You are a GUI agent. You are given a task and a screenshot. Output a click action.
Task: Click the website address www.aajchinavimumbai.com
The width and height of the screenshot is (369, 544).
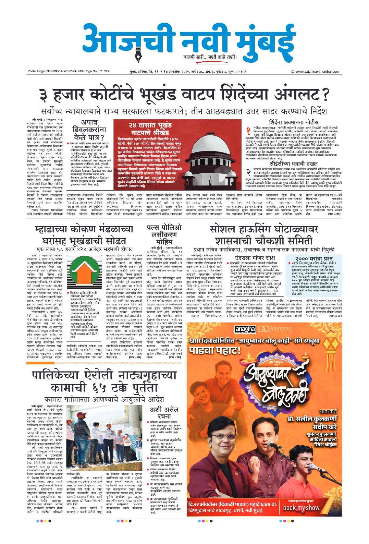click(317, 71)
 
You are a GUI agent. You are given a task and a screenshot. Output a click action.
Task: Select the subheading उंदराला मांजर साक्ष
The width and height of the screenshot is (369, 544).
click(250, 257)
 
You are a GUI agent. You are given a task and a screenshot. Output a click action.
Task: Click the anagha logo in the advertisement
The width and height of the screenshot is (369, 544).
click(245, 330)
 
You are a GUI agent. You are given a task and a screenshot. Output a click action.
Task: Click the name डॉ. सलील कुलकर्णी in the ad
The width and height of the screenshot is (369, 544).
click(311, 419)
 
